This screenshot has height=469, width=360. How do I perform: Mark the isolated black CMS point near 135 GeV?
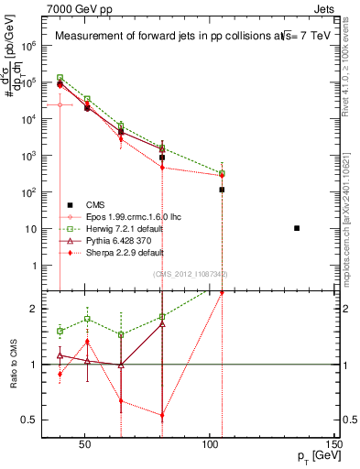(x=297, y=228)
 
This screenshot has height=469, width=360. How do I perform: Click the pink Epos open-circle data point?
(x=60, y=104)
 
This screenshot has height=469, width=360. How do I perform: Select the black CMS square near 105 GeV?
(x=222, y=190)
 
